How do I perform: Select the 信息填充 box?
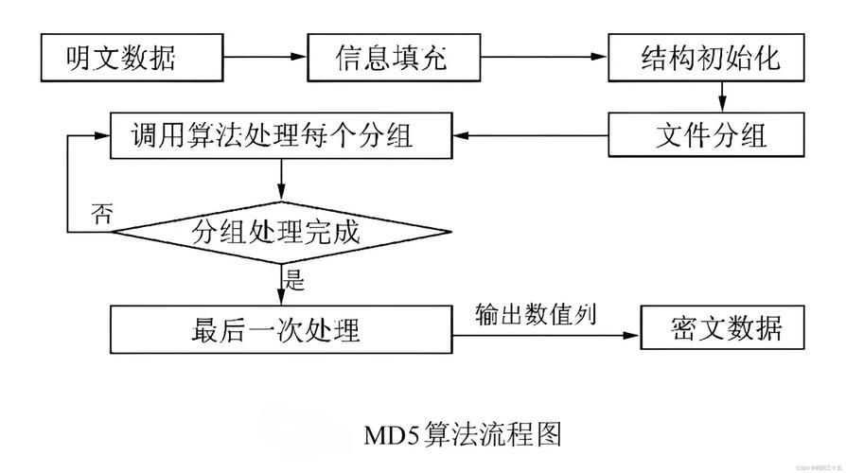click(x=390, y=59)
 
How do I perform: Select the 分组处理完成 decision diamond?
click(x=278, y=231)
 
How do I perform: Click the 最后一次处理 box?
click(x=278, y=330)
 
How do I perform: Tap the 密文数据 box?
click(x=724, y=330)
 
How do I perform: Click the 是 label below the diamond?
click(x=294, y=277)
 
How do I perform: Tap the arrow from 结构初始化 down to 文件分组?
click(x=722, y=96)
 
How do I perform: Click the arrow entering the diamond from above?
click(x=280, y=179)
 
